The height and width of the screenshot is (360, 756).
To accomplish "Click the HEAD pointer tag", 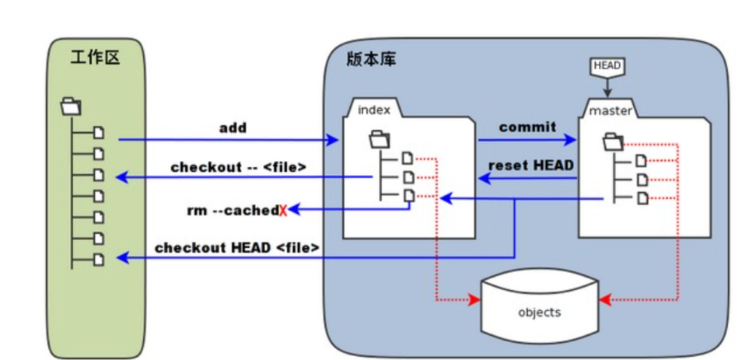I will [x=607, y=67].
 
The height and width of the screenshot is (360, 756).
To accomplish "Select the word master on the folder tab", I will [x=611, y=110].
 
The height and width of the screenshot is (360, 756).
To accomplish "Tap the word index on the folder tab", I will [x=373, y=109].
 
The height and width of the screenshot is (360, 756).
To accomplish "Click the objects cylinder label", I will [x=539, y=313].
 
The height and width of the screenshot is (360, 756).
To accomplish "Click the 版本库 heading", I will [x=370, y=59].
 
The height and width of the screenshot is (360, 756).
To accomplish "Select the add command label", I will [x=233, y=128].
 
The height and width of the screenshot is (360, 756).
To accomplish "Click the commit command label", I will [x=527, y=127].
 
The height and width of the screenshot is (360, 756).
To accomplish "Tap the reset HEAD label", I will [x=530, y=165].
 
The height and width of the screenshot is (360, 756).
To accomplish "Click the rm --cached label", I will [x=233, y=210].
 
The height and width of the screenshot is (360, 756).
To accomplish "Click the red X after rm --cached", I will [x=283, y=210].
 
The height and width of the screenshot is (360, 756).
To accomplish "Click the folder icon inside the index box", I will [x=380, y=140].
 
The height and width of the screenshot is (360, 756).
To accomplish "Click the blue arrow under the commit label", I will [x=527, y=141].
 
